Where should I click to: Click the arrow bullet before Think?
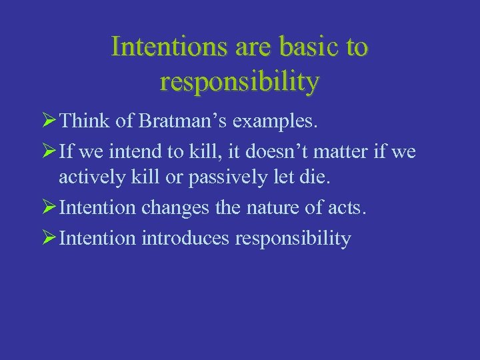point(47,122)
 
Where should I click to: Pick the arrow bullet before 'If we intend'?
point(47,152)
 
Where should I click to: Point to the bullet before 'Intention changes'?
point(47,209)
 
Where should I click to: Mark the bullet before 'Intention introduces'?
point(47,238)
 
